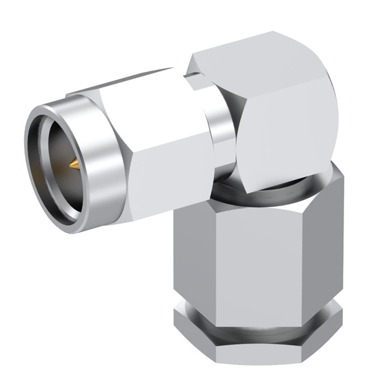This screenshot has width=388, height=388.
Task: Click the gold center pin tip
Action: [x=73, y=164]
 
